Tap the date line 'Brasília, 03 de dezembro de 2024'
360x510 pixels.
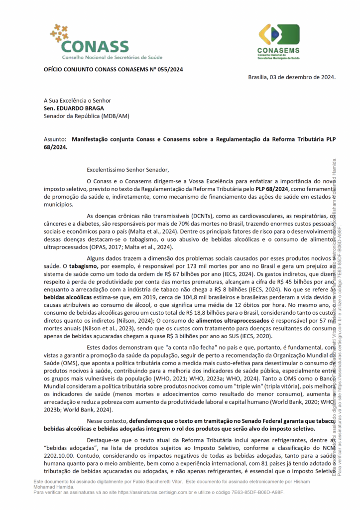click(292, 77)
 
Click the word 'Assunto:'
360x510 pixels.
click(55, 140)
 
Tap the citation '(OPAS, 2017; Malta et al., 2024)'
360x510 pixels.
click(109, 247)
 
